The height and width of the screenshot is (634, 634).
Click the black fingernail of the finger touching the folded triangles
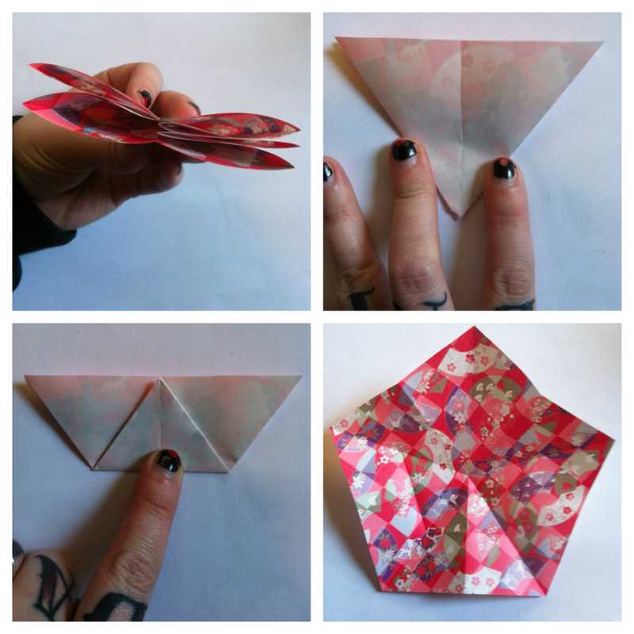(168, 460)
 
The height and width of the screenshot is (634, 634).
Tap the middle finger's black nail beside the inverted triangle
(404, 150)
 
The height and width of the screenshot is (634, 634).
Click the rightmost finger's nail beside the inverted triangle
(503, 168)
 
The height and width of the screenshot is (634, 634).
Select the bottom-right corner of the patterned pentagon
(547, 595)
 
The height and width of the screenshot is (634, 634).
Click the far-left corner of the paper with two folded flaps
(25, 376)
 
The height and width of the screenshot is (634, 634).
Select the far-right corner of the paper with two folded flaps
(301, 376)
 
